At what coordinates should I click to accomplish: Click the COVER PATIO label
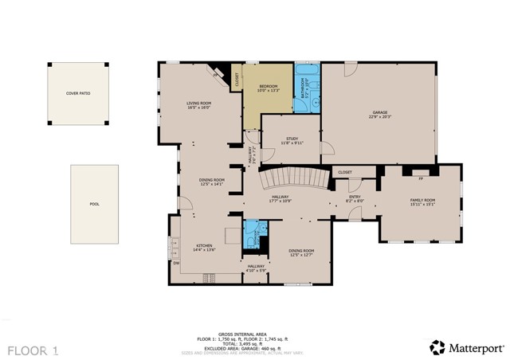tap(78, 93)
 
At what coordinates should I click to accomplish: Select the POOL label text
tap(94, 204)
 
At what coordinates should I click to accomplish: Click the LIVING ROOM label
tap(198, 104)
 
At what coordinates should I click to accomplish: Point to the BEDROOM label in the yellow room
tap(268, 86)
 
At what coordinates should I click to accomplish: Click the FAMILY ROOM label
tap(422, 199)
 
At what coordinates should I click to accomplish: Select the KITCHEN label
tap(205, 245)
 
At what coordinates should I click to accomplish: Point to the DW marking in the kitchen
tap(176, 263)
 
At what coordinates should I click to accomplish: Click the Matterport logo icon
tap(437, 347)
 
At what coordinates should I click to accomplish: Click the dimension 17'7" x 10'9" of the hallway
tap(280, 201)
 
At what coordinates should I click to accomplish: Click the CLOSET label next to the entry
tap(345, 172)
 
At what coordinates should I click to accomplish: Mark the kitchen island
tap(232, 235)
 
